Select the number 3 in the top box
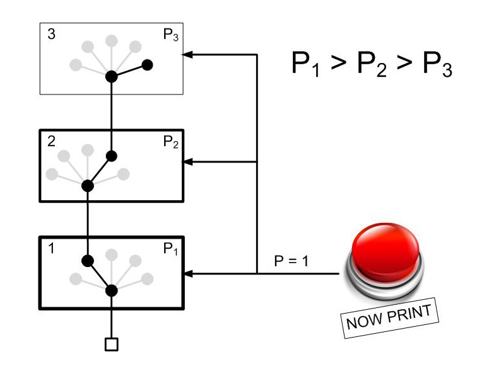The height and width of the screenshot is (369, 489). (51, 35)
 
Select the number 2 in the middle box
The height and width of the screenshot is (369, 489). (51, 141)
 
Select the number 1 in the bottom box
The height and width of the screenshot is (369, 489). (51, 248)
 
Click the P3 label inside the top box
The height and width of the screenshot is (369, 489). (170, 36)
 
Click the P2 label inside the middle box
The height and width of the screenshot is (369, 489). (170, 143)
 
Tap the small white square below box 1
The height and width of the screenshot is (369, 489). (112, 344)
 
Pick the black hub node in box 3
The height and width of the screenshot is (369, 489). (112, 76)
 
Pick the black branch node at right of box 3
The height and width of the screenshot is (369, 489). (148, 64)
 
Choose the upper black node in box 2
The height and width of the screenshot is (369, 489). (112, 156)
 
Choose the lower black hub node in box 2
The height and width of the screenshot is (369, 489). (88, 185)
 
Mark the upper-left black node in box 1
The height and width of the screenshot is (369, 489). (88, 261)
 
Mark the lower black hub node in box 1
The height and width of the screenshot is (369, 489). (112, 290)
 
